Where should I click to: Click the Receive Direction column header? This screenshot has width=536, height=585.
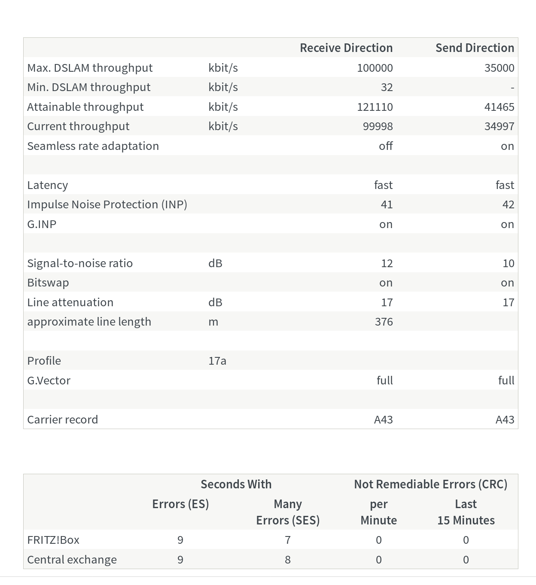click(346, 48)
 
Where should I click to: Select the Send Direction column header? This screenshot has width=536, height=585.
click(475, 48)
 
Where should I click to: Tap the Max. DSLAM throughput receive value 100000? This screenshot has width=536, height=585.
click(375, 68)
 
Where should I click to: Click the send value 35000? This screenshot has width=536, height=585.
click(499, 68)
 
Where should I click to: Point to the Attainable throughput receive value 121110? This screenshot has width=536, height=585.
click(375, 107)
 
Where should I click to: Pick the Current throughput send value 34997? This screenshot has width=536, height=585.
click(499, 126)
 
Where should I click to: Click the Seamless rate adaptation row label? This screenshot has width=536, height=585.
click(93, 146)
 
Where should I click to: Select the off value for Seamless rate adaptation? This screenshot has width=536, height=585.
click(386, 146)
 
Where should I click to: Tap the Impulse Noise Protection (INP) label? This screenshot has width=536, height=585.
click(107, 204)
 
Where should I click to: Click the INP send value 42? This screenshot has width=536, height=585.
click(508, 204)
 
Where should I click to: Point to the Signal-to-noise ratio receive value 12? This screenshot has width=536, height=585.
click(387, 263)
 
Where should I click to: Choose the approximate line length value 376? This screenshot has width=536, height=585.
click(384, 322)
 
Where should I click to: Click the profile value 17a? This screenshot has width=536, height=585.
click(217, 361)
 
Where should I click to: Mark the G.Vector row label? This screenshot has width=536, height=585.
click(49, 381)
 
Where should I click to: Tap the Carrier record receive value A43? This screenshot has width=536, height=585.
click(383, 420)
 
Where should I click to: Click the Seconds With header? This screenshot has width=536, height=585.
click(236, 484)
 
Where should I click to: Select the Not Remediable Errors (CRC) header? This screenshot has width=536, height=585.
click(430, 484)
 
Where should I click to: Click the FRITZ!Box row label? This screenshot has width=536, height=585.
click(53, 540)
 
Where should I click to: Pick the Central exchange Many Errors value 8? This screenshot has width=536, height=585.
click(288, 560)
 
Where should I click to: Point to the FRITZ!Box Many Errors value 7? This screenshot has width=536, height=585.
click(288, 540)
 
